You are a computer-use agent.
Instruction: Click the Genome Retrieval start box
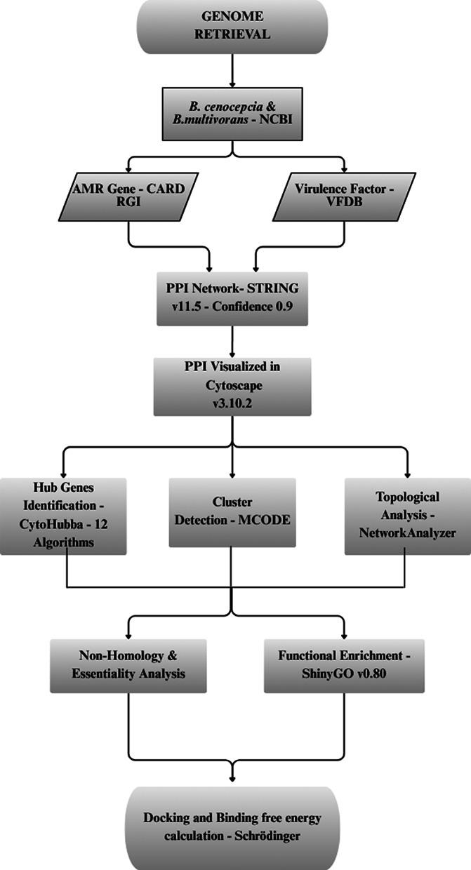tap(235, 26)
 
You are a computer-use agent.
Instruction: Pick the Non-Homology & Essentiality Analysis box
tap(127, 664)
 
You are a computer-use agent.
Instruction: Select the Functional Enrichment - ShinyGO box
tap(344, 664)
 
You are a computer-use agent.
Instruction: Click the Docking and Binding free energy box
tap(232, 826)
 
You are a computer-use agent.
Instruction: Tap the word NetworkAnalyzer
tap(408, 533)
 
